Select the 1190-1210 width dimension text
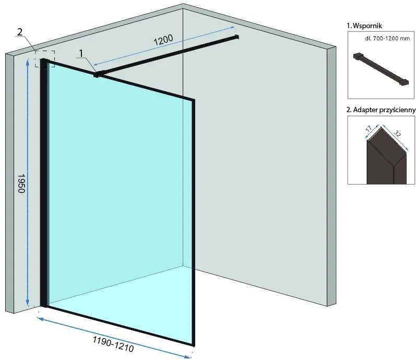(113, 344)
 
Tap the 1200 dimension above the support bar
(163, 40)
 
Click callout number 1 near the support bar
(81, 53)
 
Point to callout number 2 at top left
(20, 32)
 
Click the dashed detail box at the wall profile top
(45, 58)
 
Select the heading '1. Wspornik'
(364, 26)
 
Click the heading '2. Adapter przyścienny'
(381, 110)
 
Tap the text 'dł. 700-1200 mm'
(387, 39)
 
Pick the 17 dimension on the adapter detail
(369, 129)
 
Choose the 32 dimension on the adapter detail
(397, 134)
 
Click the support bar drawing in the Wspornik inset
(381, 69)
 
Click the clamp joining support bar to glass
(96, 75)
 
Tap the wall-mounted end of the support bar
(236, 37)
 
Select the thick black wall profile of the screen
(44, 183)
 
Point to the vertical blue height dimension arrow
(27, 183)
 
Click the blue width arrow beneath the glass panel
(114, 338)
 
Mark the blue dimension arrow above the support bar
(164, 46)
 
